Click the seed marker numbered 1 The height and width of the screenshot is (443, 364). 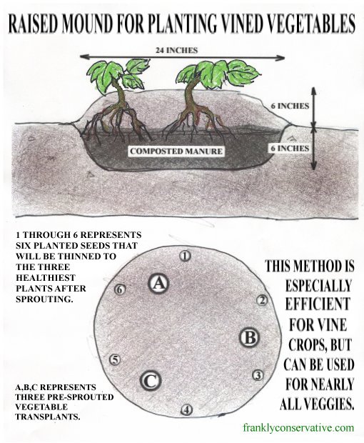click(x=186, y=256)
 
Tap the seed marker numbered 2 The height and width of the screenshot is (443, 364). click(x=262, y=301)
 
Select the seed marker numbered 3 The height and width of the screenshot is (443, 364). click(x=258, y=375)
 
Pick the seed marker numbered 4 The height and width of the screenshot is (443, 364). click(x=186, y=409)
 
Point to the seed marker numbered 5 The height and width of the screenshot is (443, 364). click(x=115, y=359)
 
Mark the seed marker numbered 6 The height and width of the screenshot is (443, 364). click(x=120, y=289)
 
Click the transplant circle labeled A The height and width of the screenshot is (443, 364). click(x=159, y=283)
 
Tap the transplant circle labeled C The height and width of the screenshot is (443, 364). click(x=151, y=381)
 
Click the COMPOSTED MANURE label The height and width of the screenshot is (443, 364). click(x=176, y=151)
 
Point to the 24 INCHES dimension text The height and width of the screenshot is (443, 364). click(x=176, y=50)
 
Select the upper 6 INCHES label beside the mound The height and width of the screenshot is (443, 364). click(x=290, y=106)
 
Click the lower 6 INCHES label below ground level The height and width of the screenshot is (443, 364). click(x=290, y=149)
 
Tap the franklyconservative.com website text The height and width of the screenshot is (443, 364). click(x=298, y=427)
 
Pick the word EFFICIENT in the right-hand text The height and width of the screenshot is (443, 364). click(x=318, y=304)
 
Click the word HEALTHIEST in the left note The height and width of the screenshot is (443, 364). click(x=46, y=278)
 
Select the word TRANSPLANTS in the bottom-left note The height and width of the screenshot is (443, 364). click(x=48, y=417)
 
